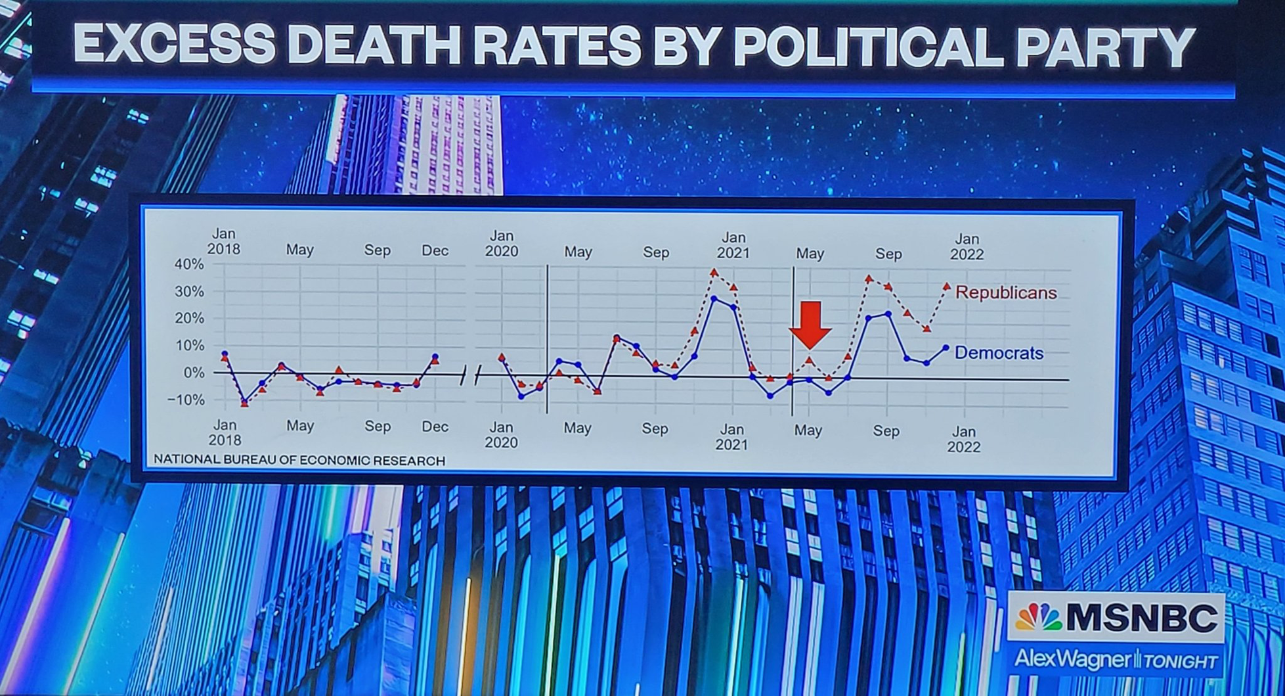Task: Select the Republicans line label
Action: (x=1006, y=292)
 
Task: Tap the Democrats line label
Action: (x=999, y=353)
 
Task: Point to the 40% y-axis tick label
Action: (x=188, y=264)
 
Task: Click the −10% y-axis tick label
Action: (x=186, y=400)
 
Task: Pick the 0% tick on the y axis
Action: (x=194, y=373)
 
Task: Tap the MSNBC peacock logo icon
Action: (x=1037, y=617)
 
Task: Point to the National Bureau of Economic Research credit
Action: (x=299, y=461)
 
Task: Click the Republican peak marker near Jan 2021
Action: (x=714, y=272)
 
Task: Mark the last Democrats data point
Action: (x=946, y=348)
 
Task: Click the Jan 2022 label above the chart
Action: (x=967, y=246)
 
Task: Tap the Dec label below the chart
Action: (x=435, y=427)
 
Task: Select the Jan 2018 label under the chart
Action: (x=225, y=432)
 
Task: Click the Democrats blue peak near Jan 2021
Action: (x=714, y=299)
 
